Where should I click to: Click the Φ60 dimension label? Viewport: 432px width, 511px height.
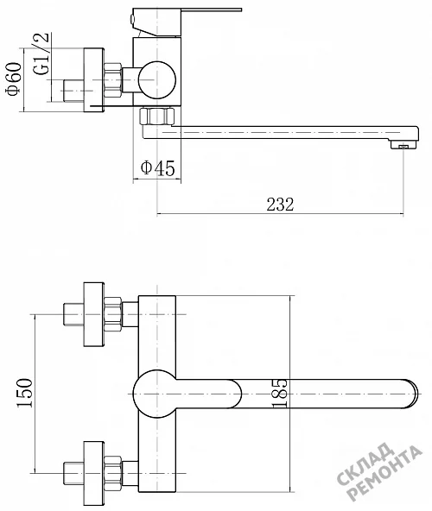pos(15,79)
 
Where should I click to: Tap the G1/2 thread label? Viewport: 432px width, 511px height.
pos(41,54)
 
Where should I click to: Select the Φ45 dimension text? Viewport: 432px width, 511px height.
pos(157,168)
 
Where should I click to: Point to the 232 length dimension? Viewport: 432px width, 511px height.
pos(280,205)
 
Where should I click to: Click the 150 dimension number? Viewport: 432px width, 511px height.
pos(25,393)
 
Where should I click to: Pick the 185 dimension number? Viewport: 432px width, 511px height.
pos(280,394)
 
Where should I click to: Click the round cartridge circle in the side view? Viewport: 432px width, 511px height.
pos(157,79)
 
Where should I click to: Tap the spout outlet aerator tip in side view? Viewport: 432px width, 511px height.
pos(404,144)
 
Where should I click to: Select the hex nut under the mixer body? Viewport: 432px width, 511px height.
pos(157,117)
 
